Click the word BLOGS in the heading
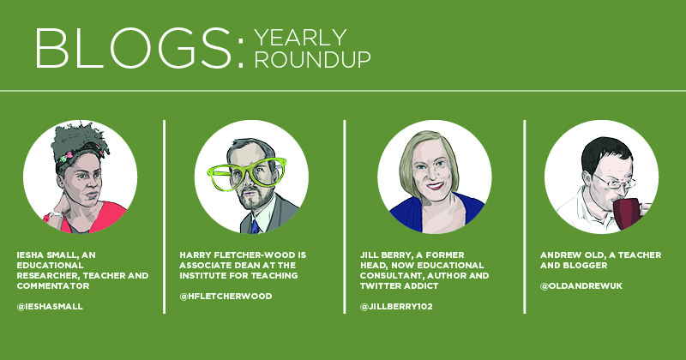pyautogui.click(x=133, y=48)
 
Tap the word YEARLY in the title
pyautogui.click(x=301, y=38)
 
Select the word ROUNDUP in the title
pyautogui.click(x=312, y=59)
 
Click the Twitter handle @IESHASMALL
pyautogui.click(x=50, y=307)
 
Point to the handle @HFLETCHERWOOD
pyautogui.click(x=226, y=296)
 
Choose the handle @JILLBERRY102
pyautogui.click(x=396, y=307)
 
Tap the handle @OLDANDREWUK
pyautogui.click(x=581, y=286)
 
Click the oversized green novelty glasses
pyautogui.click(x=248, y=175)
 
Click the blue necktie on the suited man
pyautogui.click(x=256, y=226)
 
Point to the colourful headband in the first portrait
pyautogui.click(x=80, y=154)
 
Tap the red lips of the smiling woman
pyautogui.click(x=435, y=186)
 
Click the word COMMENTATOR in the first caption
pyautogui.click(x=53, y=286)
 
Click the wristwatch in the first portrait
pyautogui.click(x=57, y=215)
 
